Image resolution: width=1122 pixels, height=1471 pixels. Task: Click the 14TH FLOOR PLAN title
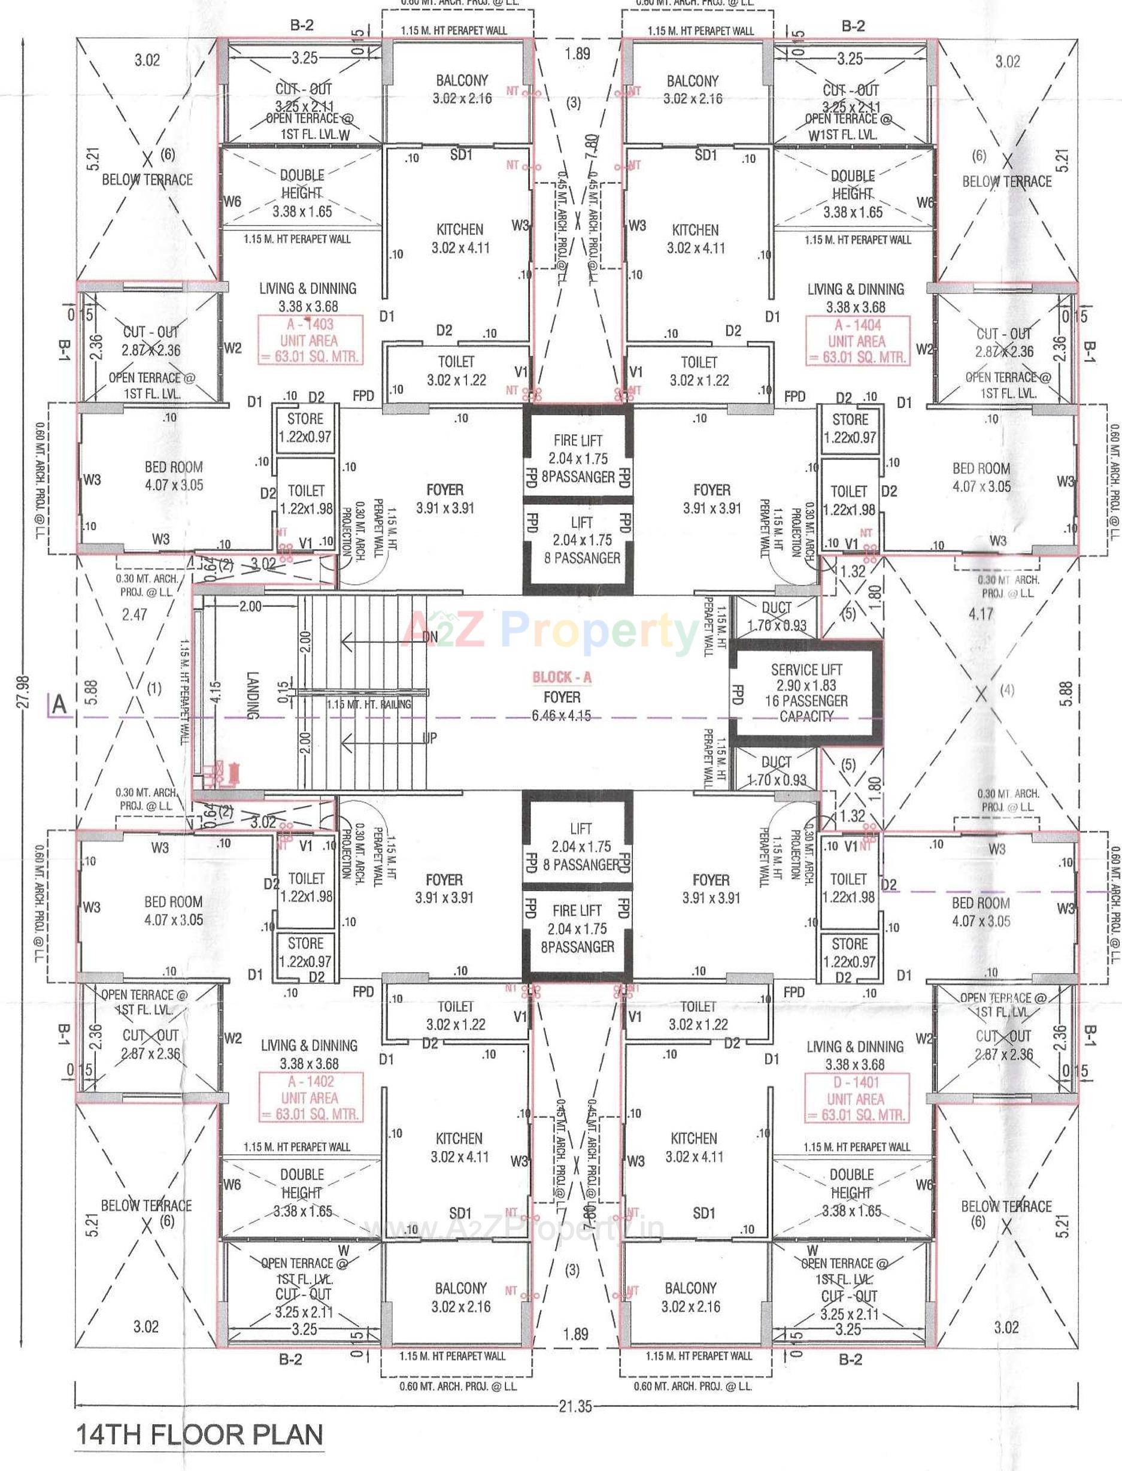coord(199,1435)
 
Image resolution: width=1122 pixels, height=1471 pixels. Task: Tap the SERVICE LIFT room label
coord(806,670)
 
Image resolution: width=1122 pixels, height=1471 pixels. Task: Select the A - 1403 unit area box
coord(311,341)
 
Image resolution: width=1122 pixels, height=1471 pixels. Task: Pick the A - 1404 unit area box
coord(857,341)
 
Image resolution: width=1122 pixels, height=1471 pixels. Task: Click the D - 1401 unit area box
coord(856,1098)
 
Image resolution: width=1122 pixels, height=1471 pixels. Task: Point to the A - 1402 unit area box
coord(310,1098)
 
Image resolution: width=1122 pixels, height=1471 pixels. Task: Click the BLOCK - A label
coord(562,677)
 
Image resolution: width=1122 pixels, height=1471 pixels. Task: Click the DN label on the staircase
coord(430,637)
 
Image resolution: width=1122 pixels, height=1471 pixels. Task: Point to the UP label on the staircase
coord(430,738)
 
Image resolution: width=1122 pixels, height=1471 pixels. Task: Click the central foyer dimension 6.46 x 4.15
coord(562,716)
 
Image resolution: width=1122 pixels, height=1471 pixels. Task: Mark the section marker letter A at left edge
coord(60,705)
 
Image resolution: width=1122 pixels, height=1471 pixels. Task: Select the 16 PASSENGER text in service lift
coord(806,701)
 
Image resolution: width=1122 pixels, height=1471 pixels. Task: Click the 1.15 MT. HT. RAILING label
coord(369,704)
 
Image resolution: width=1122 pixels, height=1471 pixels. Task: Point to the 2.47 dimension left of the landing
coord(134,614)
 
